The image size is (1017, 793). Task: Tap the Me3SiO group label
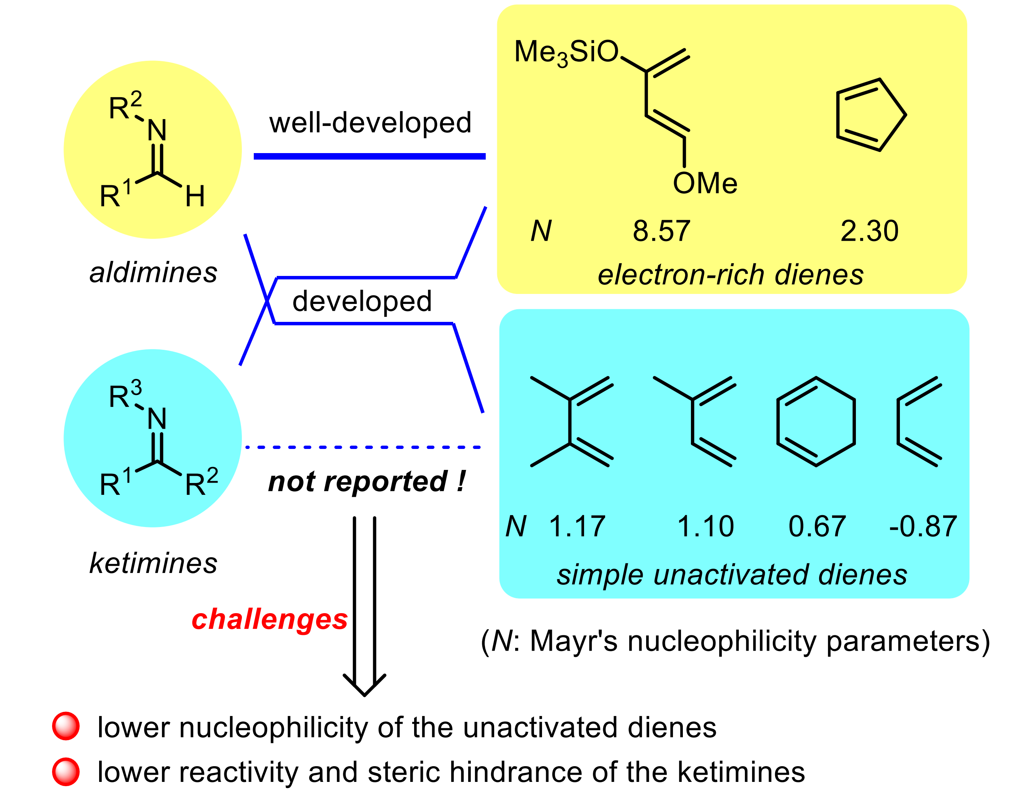(x=566, y=52)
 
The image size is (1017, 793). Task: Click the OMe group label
(x=705, y=183)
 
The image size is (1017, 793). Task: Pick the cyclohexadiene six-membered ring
(x=816, y=421)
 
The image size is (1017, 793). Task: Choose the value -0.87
(x=923, y=527)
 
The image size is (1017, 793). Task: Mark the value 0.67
(x=817, y=527)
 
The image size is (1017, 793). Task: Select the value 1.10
(x=705, y=527)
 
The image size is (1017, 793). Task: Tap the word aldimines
(x=153, y=272)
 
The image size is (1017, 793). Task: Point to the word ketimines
(x=153, y=563)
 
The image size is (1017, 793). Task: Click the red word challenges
(x=269, y=620)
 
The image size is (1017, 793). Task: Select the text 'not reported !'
(x=366, y=481)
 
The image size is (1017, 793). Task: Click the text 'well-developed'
(x=370, y=123)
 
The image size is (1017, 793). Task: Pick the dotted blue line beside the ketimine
(x=363, y=447)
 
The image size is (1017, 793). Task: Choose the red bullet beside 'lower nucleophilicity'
(x=66, y=726)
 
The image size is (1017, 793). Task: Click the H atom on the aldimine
(x=195, y=196)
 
